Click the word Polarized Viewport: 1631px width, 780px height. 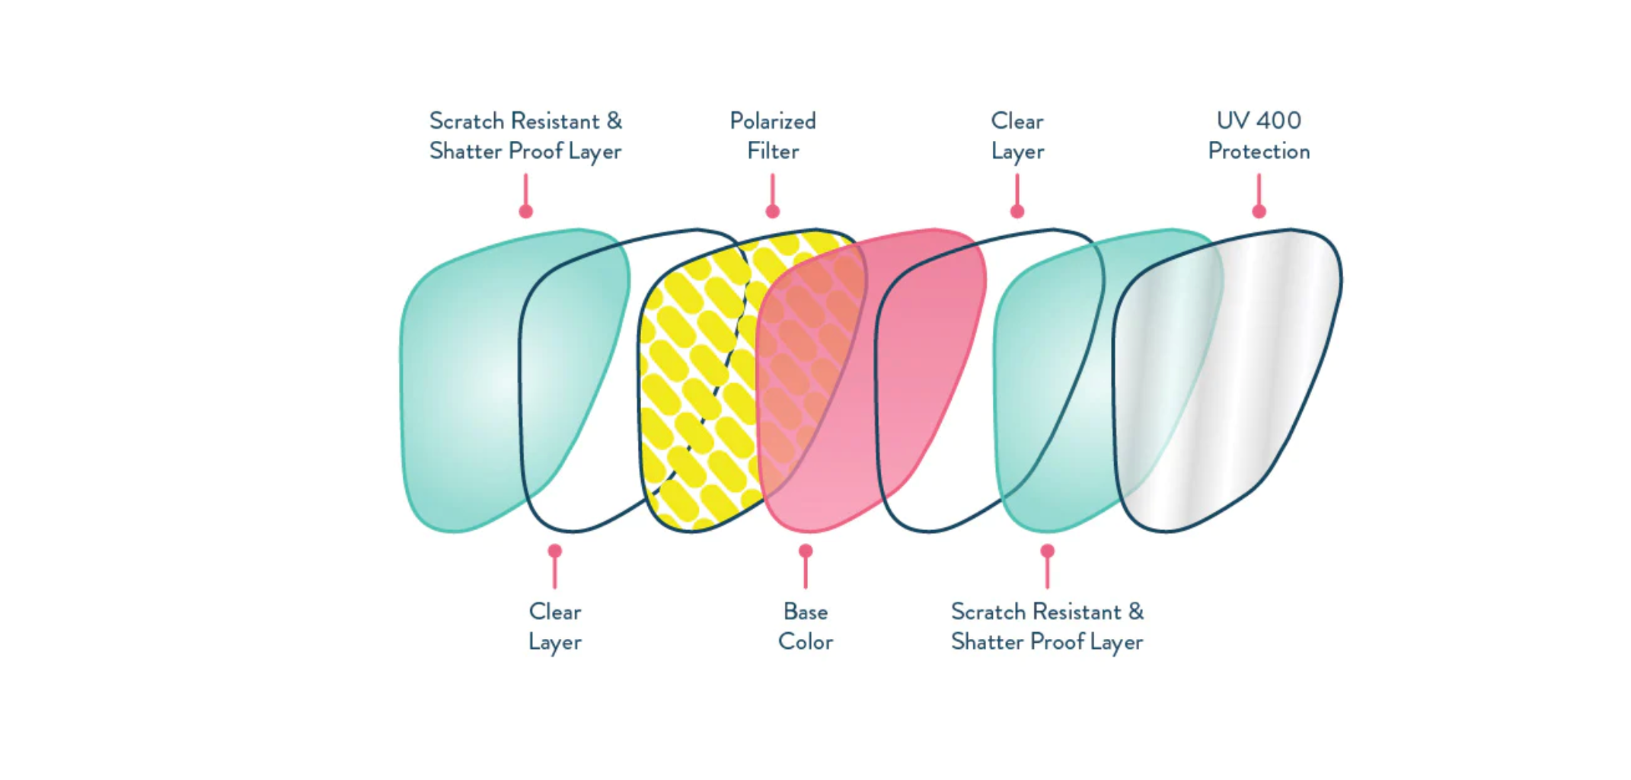772,121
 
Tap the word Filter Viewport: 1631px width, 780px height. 772,152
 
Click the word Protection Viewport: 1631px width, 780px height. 1259,152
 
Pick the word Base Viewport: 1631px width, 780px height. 805,612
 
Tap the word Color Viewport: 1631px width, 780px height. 805,642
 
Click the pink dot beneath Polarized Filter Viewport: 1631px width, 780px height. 773,211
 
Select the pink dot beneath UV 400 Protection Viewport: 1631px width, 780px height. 1259,211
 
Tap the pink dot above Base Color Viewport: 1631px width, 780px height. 806,550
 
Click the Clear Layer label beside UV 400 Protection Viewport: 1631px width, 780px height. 1017,136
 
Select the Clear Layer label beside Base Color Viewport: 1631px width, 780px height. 555,627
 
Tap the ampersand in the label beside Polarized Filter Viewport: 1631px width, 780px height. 614,121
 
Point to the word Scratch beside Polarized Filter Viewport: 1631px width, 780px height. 467,121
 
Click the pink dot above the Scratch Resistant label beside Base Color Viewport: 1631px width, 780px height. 1048,550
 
